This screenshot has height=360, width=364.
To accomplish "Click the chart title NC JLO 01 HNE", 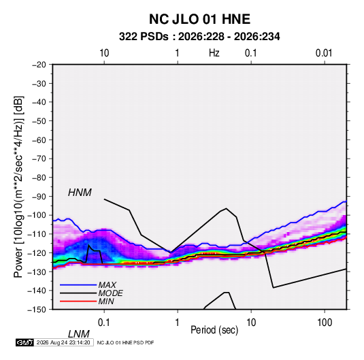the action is pos(199,19).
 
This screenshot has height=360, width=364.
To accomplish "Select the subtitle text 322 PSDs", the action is pos(144,37).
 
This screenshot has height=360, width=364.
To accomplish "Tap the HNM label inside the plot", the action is pos(80,193).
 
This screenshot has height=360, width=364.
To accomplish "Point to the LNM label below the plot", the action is pos(79,334).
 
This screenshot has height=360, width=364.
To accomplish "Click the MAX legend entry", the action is pos(107,284).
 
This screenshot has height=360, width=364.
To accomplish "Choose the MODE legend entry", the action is pos(110,293).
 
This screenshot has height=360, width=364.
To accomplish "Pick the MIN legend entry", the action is pos(106,301).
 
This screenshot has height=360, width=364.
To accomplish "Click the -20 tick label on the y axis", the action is pos(39,65).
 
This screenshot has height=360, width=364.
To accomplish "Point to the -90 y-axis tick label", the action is pos(39,196).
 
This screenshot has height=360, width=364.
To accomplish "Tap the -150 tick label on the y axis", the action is pos(37,310).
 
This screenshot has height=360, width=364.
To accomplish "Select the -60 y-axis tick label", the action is pos(39,140).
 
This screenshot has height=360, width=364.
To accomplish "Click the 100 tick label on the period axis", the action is pos(325,323).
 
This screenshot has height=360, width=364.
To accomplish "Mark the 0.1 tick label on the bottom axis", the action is pos(104,323).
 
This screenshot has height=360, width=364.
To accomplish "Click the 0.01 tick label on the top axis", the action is pos(324,53).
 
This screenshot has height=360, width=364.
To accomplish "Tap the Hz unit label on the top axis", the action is pos(214,53).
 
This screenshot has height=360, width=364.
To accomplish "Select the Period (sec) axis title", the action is pos(214,330).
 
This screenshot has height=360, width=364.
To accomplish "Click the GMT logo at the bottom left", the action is pos(25,342).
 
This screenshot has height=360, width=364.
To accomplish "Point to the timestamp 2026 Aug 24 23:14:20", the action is pos(63,342).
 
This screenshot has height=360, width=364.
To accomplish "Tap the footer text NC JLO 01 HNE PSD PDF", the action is pos(125,342).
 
